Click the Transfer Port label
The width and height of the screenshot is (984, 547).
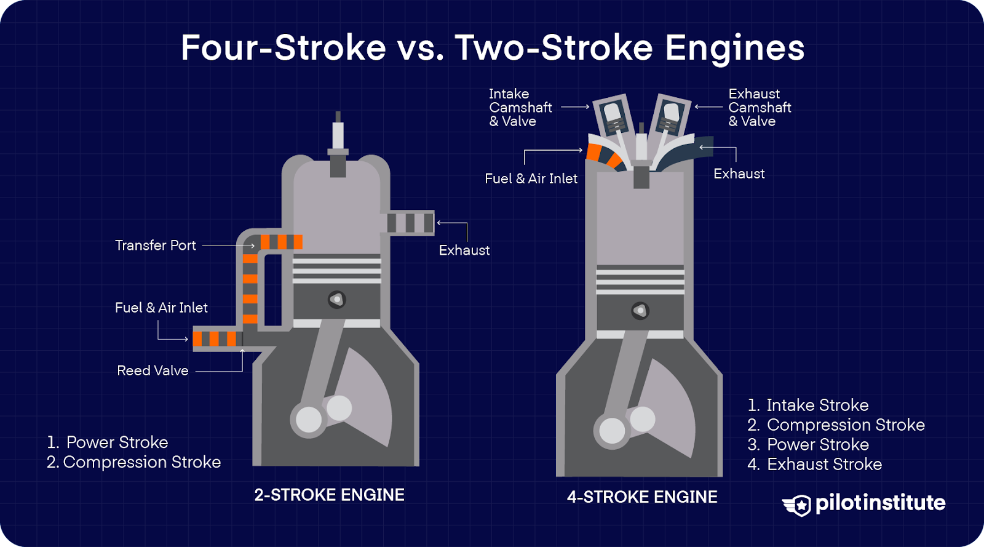click(x=155, y=245)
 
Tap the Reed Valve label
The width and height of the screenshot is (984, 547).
click(x=153, y=370)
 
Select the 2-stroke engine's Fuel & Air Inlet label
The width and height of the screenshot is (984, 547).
click(x=161, y=308)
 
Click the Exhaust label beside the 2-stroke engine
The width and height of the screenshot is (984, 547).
click(x=464, y=250)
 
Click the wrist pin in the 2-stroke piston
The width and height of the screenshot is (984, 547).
click(x=336, y=300)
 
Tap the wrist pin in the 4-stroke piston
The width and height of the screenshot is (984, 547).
click(x=640, y=311)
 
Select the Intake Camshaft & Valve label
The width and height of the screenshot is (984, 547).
click(x=520, y=108)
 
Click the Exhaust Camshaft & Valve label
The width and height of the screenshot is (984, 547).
click(x=760, y=108)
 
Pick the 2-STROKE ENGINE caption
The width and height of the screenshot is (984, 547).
click(x=329, y=495)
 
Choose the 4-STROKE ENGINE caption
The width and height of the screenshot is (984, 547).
click(x=641, y=497)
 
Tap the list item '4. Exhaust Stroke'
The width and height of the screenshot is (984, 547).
click(x=814, y=464)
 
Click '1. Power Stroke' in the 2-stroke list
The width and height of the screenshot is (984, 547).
click(x=108, y=442)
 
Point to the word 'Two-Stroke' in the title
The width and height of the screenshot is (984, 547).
click(x=553, y=48)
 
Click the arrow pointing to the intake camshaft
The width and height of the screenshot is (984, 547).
click(x=575, y=107)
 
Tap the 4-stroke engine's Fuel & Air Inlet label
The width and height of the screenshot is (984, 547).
click(x=531, y=178)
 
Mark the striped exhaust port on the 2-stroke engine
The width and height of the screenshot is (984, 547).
click(x=410, y=223)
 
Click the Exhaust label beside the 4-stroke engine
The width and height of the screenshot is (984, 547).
click(x=739, y=174)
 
